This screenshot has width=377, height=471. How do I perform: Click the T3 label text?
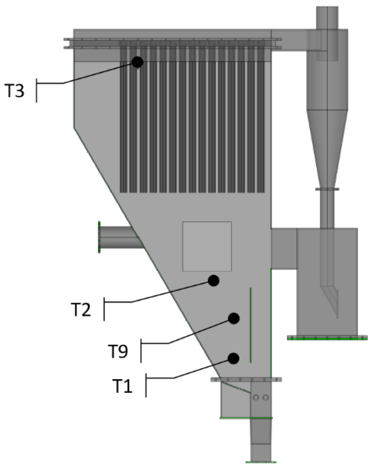point(15,91)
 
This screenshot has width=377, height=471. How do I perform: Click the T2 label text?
point(81,309)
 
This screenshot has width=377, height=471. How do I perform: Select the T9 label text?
point(118,351)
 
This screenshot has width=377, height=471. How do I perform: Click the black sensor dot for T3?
point(137,62)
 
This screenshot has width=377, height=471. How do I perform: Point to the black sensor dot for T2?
point(214,280)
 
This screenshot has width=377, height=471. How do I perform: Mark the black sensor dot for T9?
point(234,318)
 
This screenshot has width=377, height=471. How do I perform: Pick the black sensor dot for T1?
point(233,359)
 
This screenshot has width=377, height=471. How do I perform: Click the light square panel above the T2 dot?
point(207,246)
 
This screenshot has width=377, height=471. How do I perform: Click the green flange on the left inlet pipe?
point(99,237)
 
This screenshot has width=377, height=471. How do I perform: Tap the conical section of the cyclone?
point(327,145)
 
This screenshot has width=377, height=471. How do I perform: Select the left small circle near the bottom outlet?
point(256,397)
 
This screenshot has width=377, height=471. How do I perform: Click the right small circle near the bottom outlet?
point(266,397)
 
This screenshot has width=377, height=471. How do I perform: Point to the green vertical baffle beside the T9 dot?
point(251,325)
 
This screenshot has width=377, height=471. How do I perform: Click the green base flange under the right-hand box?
point(327,338)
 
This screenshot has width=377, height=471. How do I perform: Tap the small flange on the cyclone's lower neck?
point(327,189)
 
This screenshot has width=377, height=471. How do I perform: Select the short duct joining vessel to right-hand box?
point(284,249)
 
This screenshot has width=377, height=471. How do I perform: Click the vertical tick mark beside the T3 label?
point(37,91)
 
